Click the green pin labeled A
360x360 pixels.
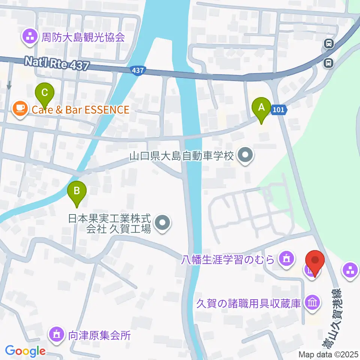[261, 108]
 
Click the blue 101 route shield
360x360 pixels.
[279, 110]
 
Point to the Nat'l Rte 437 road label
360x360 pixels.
[57, 63]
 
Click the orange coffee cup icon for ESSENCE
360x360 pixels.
[19, 109]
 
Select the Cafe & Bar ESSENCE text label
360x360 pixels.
[80, 109]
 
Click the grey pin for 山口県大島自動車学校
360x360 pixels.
[246, 155]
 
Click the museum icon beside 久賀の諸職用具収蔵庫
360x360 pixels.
[312, 302]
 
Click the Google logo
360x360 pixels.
[25, 351]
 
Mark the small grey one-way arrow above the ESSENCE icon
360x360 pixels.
[9, 85]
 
